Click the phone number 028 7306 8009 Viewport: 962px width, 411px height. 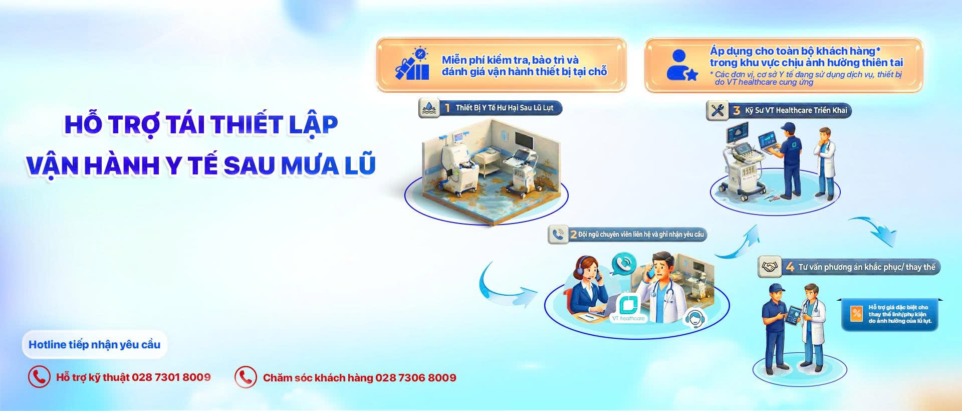click(415, 378)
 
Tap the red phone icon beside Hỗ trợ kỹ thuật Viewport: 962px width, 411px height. click(39, 377)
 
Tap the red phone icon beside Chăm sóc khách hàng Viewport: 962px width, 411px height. click(246, 377)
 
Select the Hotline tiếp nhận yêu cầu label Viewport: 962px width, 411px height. click(94, 344)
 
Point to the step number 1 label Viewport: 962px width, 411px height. click(447, 108)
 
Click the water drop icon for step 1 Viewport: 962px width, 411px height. click(429, 108)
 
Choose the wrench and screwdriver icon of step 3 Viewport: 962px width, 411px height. click(717, 110)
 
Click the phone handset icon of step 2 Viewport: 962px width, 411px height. click(558, 234)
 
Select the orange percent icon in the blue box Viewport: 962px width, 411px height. click(856, 314)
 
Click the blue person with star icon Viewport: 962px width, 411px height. click(681, 65)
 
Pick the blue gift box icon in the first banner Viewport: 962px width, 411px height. click(412, 66)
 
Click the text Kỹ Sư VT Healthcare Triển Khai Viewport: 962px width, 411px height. click(796, 111)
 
